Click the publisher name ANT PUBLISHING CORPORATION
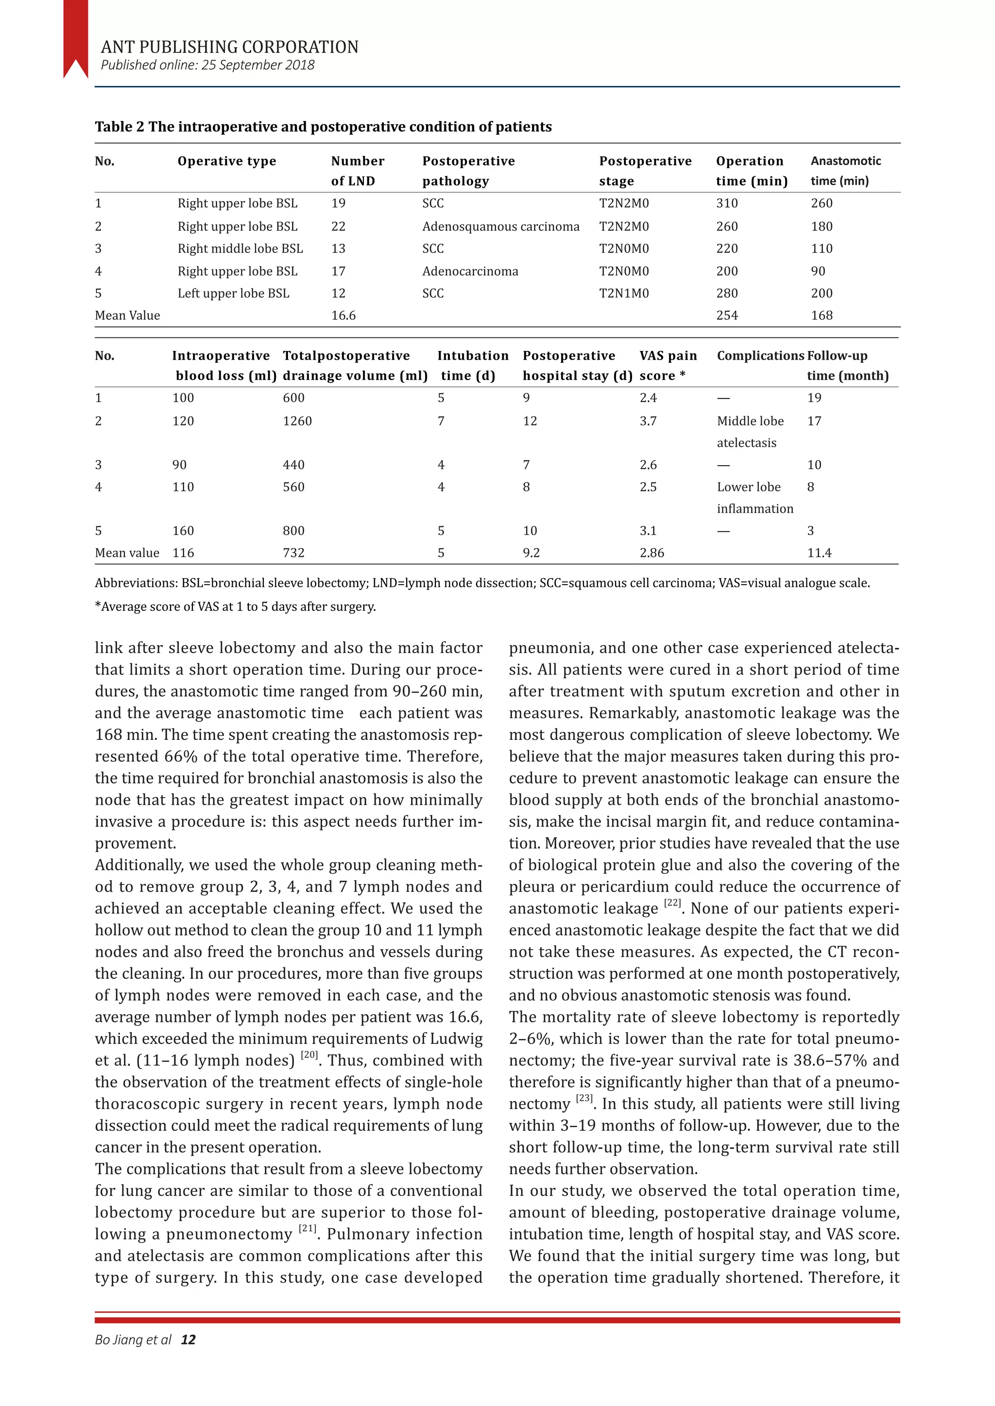tap(229, 47)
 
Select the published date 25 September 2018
tap(258, 65)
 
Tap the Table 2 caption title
tap(323, 127)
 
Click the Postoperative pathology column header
tap(468, 170)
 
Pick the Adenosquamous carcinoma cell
tap(500, 227)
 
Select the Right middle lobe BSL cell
tap(240, 249)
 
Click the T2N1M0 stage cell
tap(624, 293)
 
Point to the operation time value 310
tap(727, 203)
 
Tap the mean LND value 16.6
tap(343, 316)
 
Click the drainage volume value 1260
tap(297, 421)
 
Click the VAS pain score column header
tap(668, 365)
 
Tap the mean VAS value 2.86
tap(652, 553)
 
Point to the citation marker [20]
tap(309, 1055)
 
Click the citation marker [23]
tap(584, 1099)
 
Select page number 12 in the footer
tap(188, 1340)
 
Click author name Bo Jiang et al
tap(133, 1340)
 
